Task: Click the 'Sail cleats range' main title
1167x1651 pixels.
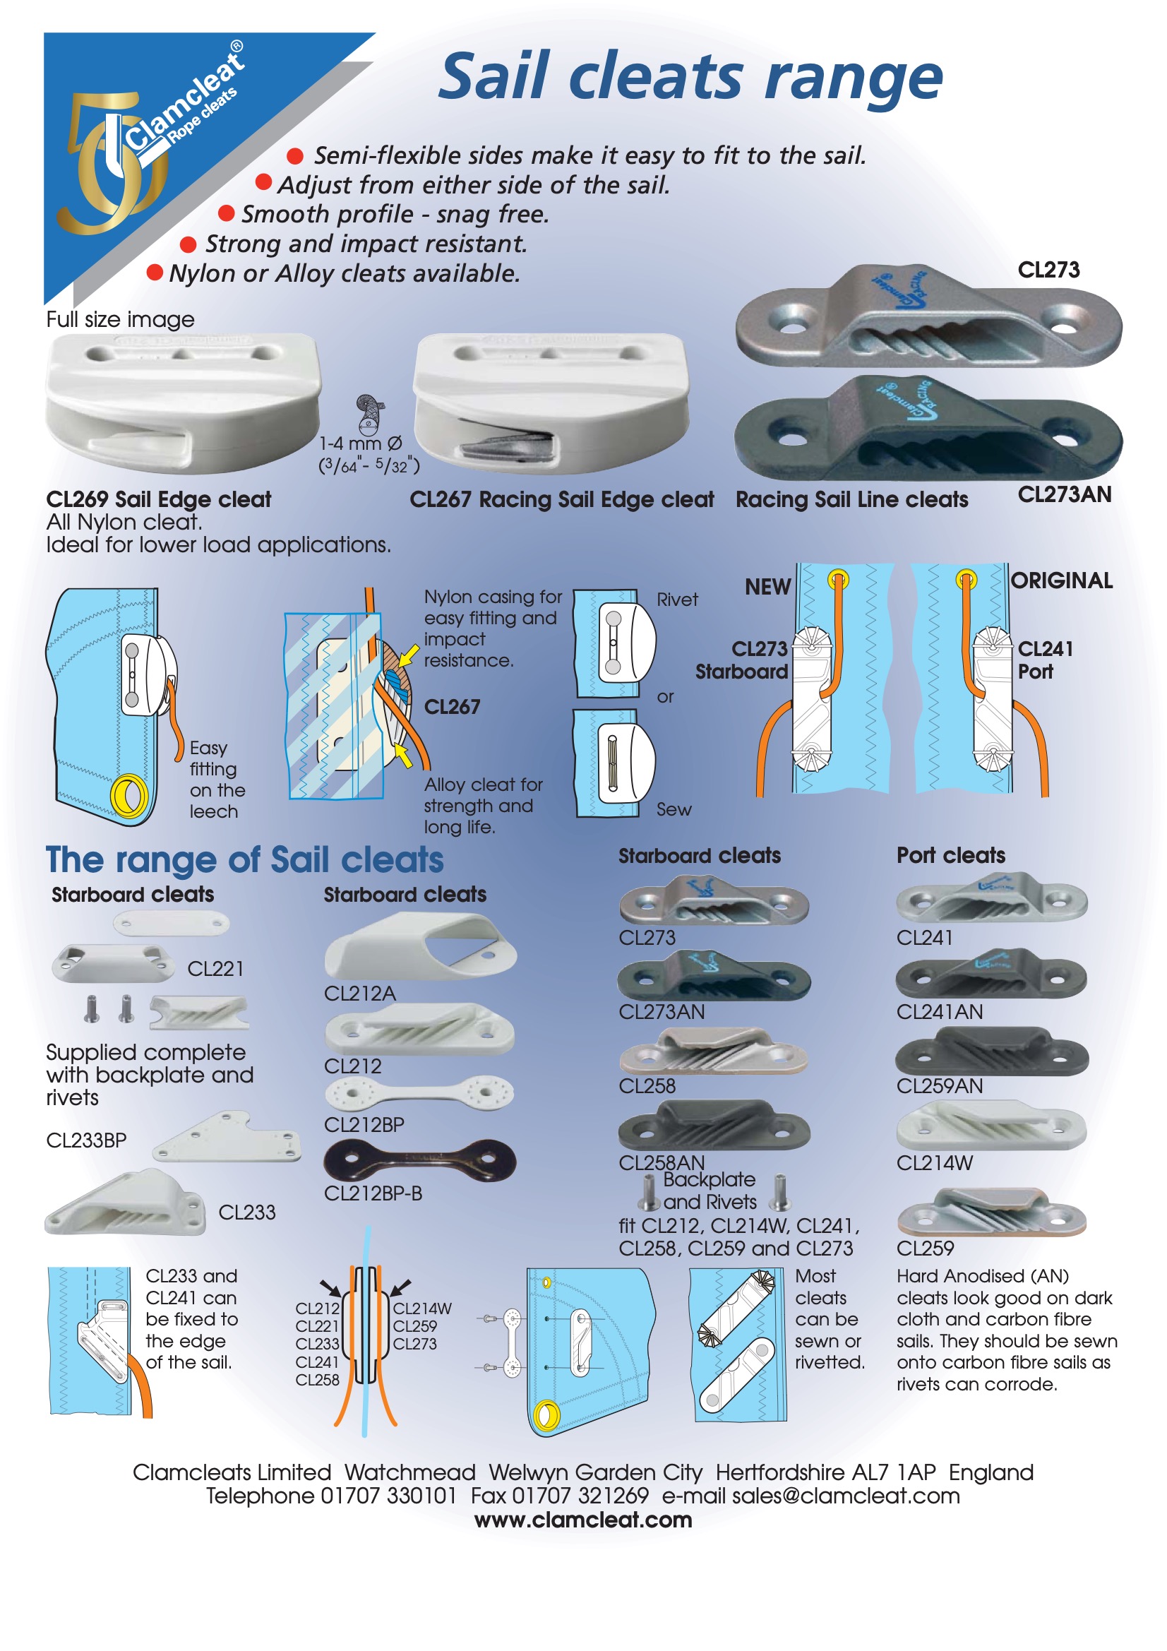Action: (690, 78)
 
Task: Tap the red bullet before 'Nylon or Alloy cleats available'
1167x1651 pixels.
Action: (154, 273)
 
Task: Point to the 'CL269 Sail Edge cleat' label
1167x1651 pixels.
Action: (158, 499)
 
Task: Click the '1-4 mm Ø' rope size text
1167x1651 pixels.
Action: (360, 443)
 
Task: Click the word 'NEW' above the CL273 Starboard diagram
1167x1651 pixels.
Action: (767, 587)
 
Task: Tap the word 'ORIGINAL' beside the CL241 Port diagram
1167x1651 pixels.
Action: (1061, 580)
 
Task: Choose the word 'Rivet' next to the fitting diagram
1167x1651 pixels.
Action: (676, 600)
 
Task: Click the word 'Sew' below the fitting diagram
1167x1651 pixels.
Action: (674, 810)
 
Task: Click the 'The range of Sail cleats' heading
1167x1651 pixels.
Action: (244, 859)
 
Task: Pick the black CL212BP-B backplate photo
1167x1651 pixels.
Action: (419, 1161)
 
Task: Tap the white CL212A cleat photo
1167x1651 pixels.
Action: (421, 946)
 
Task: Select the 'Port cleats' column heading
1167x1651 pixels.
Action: (950, 855)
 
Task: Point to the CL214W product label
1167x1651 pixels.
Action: (934, 1163)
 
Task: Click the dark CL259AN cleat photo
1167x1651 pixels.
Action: (991, 1051)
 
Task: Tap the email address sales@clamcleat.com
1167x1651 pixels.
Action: (846, 1496)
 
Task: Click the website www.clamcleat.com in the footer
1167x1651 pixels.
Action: (583, 1520)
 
